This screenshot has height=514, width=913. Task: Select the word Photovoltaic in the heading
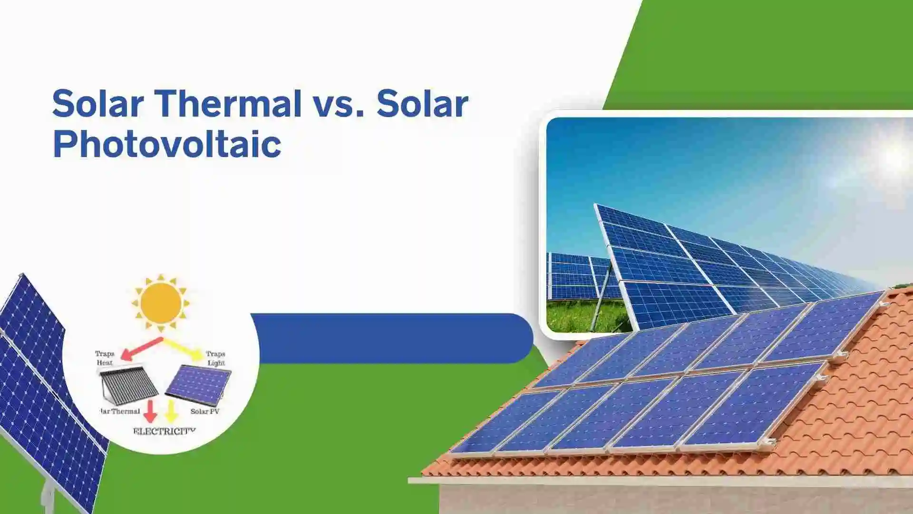(x=167, y=144)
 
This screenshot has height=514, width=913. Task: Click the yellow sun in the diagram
(x=161, y=303)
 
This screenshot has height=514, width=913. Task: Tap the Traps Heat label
(x=105, y=358)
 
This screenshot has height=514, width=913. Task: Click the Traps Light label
(x=215, y=358)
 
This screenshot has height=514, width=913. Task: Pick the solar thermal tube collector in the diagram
(x=128, y=385)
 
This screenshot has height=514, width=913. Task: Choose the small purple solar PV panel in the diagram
(x=199, y=385)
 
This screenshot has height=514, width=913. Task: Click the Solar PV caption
(x=204, y=411)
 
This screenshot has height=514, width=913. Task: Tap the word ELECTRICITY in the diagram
(x=164, y=431)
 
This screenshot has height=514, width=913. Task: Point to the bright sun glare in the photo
(x=894, y=157)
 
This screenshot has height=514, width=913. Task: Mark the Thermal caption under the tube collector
(x=121, y=411)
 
